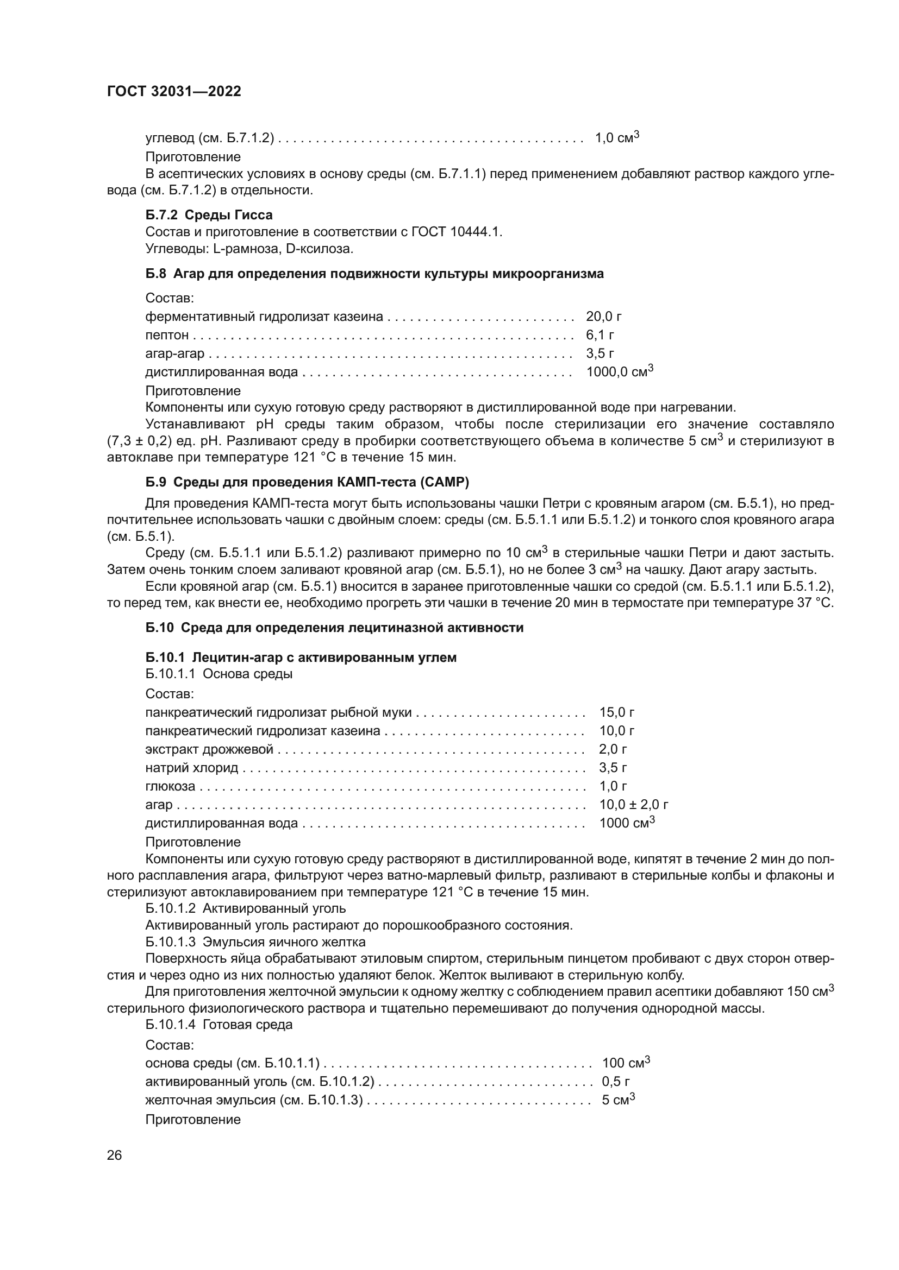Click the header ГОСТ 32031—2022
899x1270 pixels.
pos(174,92)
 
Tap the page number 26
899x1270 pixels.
pos(114,1155)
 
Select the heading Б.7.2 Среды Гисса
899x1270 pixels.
pos(209,214)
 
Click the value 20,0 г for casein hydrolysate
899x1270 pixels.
pos(603,317)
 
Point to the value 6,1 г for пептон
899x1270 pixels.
pos(600,334)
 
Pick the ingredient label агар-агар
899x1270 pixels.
pos(174,353)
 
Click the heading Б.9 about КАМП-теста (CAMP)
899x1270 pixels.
pos(307,482)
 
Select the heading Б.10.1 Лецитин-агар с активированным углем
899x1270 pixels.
pos(301,657)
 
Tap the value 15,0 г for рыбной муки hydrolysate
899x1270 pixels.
pos(617,712)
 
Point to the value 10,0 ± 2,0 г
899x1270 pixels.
pos(633,804)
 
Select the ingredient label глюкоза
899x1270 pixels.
pos(170,786)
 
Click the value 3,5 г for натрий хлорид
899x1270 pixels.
pos(613,767)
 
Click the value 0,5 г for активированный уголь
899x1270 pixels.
pos(616,1081)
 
